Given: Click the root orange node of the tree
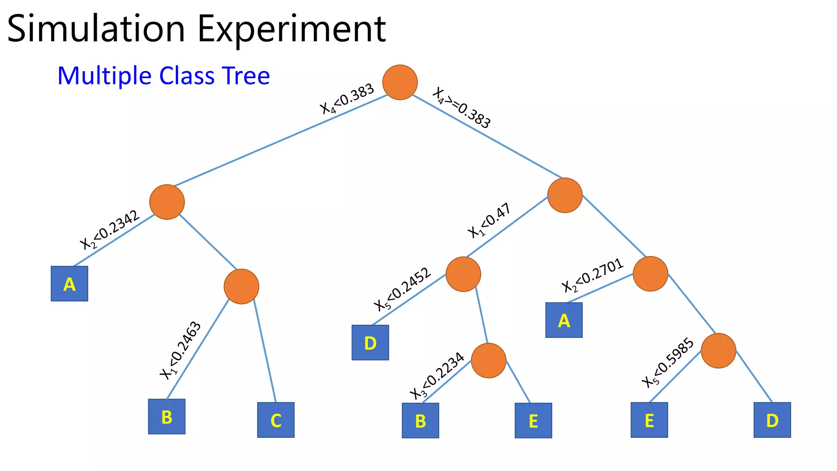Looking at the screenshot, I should (x=400, y=82).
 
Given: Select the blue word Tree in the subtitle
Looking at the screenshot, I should (x=246, y=76).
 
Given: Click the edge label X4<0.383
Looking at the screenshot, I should (x=347, y=99).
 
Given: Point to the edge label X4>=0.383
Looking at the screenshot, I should (x=462, y=108).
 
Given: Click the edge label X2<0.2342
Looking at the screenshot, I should (x=110, y=230).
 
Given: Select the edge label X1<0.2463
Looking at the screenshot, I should (x=180, y=351).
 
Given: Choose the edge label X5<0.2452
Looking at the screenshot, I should (x=403, y=289).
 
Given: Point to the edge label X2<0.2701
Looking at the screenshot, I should (x=593, y=275).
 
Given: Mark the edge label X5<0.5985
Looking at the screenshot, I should (x=668, y=363).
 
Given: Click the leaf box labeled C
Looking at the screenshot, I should (x=276, y=420).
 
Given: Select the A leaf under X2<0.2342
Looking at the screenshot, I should (x=69, y=284).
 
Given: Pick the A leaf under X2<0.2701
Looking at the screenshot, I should (x=564, y=320).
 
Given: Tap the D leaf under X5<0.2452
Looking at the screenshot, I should (x=370, y=343).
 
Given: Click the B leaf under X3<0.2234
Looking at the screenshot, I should (x=421, y=421).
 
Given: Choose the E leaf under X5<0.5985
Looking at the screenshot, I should (x=649, y=420).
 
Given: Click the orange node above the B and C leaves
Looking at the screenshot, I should (x=242, y=287).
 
